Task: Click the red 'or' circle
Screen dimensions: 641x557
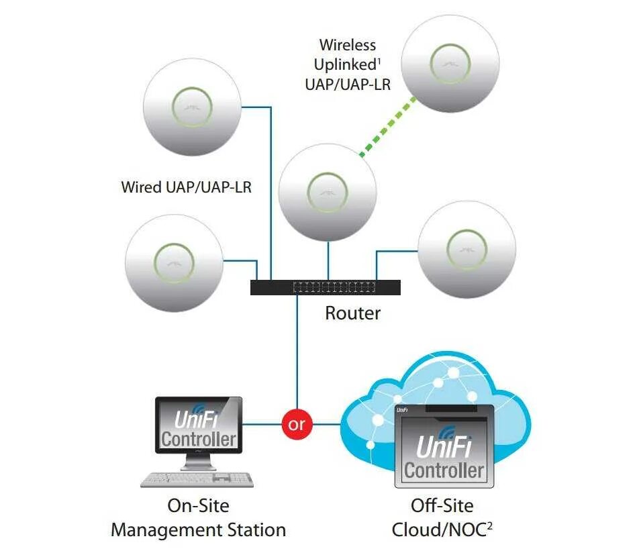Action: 297,424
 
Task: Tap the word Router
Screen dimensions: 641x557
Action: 353,313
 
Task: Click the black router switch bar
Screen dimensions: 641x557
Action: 326,287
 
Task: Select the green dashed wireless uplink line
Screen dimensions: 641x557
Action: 387,126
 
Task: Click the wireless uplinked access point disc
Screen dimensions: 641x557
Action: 450,64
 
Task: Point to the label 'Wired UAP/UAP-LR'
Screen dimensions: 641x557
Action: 187,187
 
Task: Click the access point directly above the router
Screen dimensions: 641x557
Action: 328,193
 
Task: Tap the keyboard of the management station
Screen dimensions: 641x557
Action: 197,479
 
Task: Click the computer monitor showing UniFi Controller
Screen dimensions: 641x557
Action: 199,425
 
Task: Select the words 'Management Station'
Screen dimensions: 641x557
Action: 199,530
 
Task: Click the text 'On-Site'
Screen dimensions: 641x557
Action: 199,505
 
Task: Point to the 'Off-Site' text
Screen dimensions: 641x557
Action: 442,505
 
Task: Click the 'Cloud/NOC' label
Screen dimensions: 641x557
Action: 439,530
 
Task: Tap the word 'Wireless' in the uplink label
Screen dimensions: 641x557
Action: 348,45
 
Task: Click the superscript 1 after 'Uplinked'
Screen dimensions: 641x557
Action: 379,61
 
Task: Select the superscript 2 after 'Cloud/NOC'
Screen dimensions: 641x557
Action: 489,525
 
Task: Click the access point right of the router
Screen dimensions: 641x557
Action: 467,249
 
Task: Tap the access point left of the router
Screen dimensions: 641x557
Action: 174,263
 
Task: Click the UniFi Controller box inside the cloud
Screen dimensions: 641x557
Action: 444,446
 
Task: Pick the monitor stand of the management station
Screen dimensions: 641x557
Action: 198,462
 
